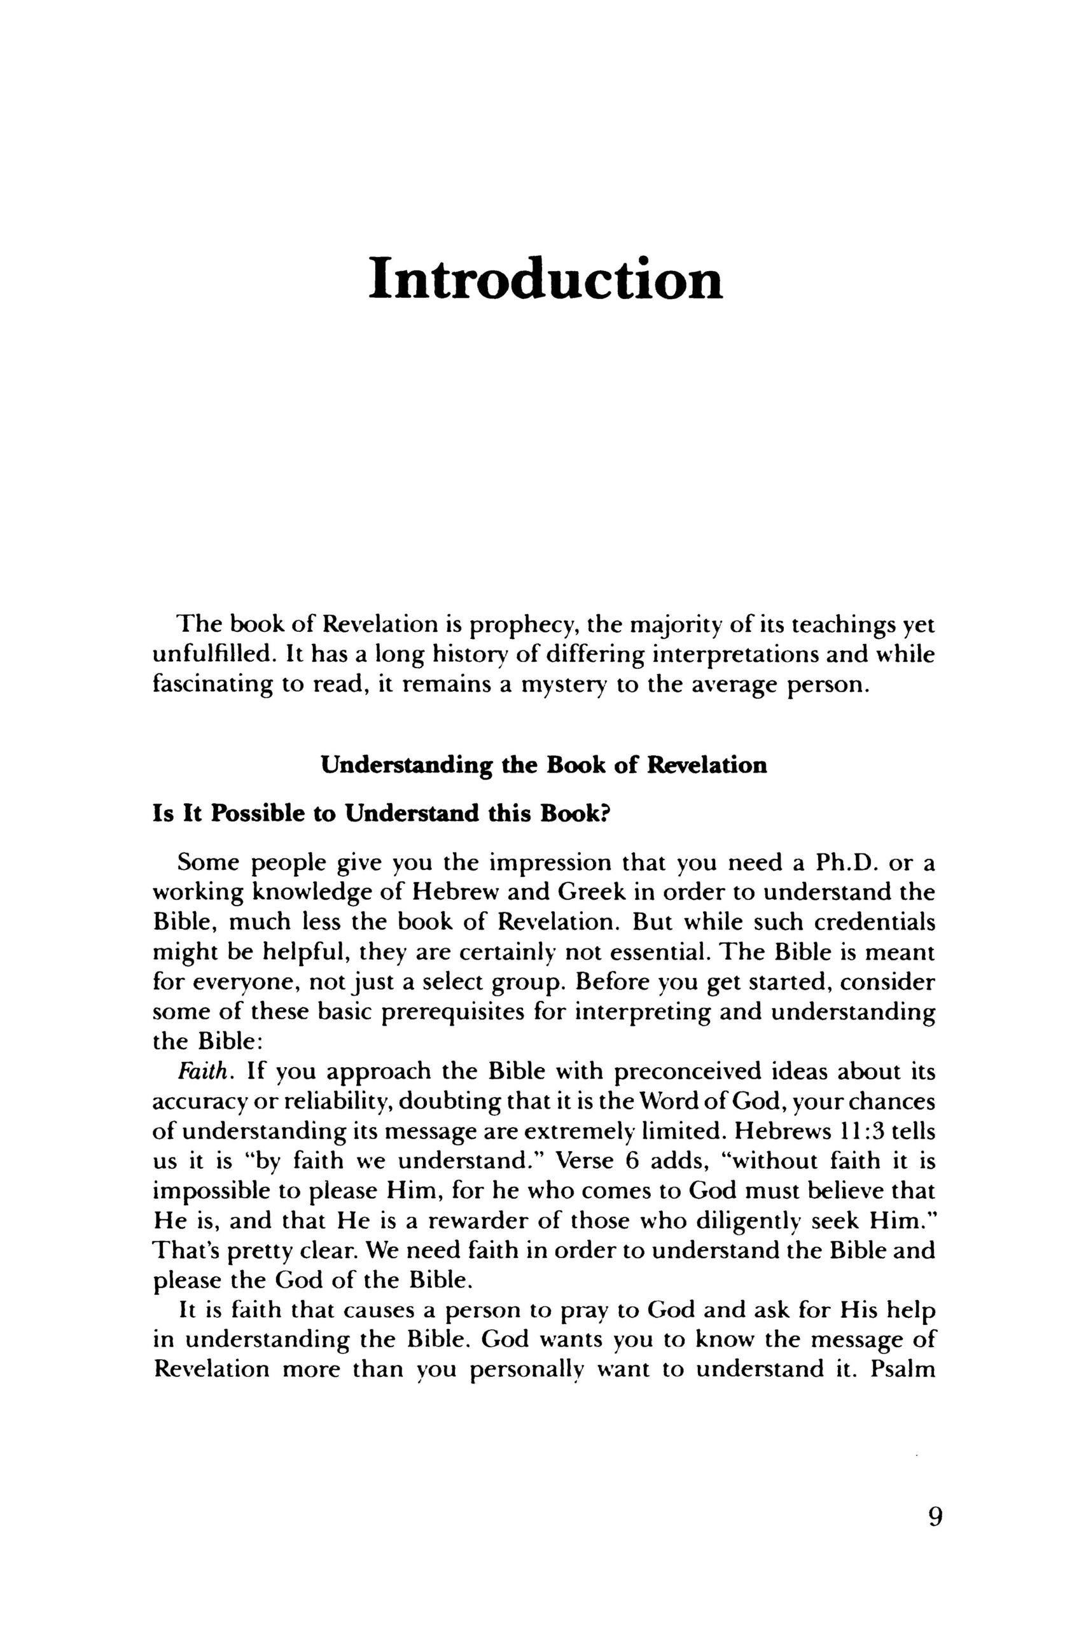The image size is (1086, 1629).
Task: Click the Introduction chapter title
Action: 545,279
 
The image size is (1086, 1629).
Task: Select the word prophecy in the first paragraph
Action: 526,626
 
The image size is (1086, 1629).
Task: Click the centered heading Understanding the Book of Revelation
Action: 545,766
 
